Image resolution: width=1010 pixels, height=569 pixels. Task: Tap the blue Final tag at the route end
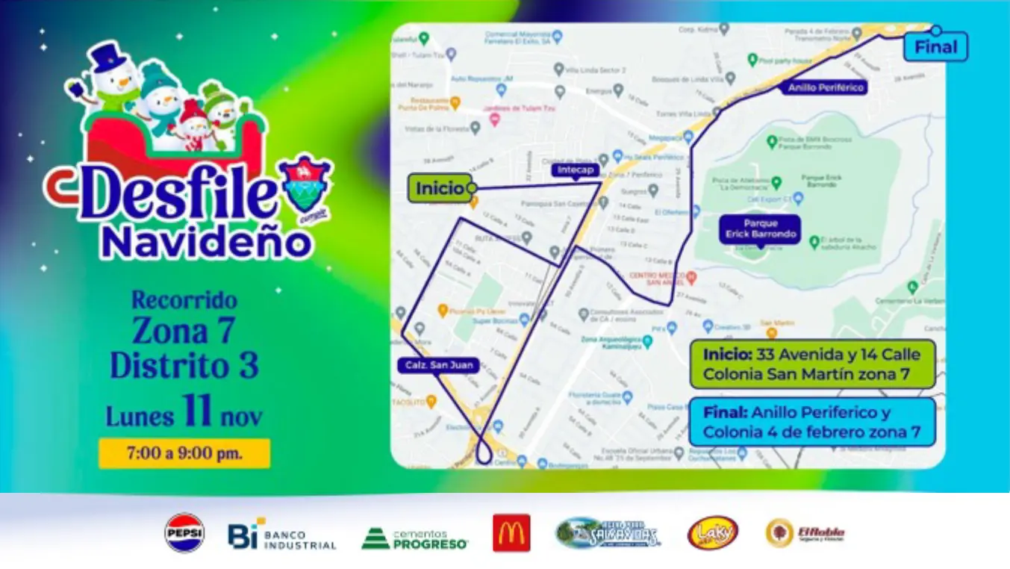coord(935,47)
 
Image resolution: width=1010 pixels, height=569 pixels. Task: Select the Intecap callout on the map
coord(576,170)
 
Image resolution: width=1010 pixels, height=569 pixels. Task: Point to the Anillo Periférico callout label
coord(825,87)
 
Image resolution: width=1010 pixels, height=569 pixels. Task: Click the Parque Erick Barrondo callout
coord(760,229)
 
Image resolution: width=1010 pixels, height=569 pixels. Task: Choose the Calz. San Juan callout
coord(427,365)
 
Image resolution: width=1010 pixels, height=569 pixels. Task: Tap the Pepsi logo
coord(184,532)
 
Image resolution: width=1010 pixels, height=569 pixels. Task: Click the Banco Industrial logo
coord(282,535)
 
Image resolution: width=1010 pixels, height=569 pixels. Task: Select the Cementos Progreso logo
coord(414,538)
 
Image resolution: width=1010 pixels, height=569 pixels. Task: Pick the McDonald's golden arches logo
coord(511,533)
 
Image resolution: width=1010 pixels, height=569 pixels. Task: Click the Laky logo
coord(712,533)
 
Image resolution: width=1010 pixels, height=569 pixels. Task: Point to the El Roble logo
coord(805,533)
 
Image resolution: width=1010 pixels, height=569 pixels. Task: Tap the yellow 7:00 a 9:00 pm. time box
coord(184,453)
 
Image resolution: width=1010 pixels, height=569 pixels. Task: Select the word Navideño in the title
coord(206,243)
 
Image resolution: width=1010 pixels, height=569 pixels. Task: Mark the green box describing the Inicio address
coord(812,364)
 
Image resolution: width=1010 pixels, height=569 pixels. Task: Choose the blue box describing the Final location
coord(812,422)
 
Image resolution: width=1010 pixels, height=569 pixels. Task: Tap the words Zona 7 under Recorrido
coord(184,330)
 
